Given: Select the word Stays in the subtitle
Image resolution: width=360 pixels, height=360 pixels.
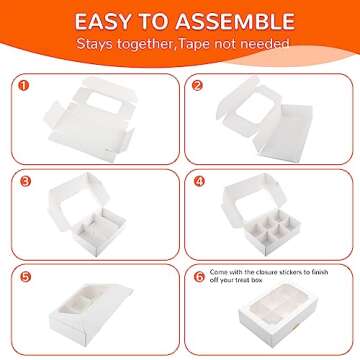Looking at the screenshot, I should (x=99, y=44).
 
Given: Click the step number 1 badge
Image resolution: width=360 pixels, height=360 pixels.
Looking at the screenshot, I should (x=25, y=85).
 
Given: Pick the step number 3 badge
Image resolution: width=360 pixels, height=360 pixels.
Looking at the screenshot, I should (x=25, y=182).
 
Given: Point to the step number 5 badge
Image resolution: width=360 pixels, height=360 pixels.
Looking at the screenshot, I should (x=25, y=277).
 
